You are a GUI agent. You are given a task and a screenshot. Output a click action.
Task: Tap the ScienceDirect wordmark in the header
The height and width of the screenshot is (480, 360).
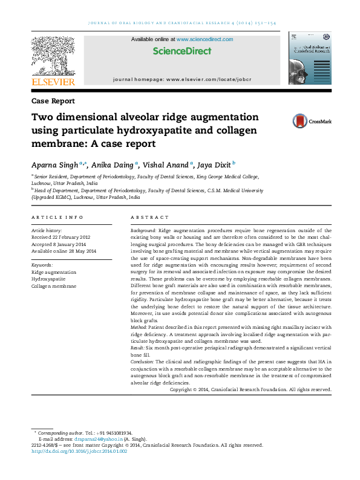pos(182,51)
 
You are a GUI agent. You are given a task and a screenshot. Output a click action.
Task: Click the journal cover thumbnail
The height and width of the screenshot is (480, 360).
pos(310,59)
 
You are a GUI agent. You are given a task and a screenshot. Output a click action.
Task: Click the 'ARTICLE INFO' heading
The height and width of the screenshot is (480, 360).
pos(57,217)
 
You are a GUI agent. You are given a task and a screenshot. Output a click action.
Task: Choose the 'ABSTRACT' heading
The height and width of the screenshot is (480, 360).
pos(150,217)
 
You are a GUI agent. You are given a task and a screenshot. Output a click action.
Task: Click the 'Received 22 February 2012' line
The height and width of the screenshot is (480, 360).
pos(61,237)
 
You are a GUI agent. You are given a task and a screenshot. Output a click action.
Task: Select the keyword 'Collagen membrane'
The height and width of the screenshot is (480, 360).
pos(54,286)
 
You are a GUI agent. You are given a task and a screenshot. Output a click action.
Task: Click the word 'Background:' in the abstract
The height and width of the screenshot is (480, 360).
pos(143,231)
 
